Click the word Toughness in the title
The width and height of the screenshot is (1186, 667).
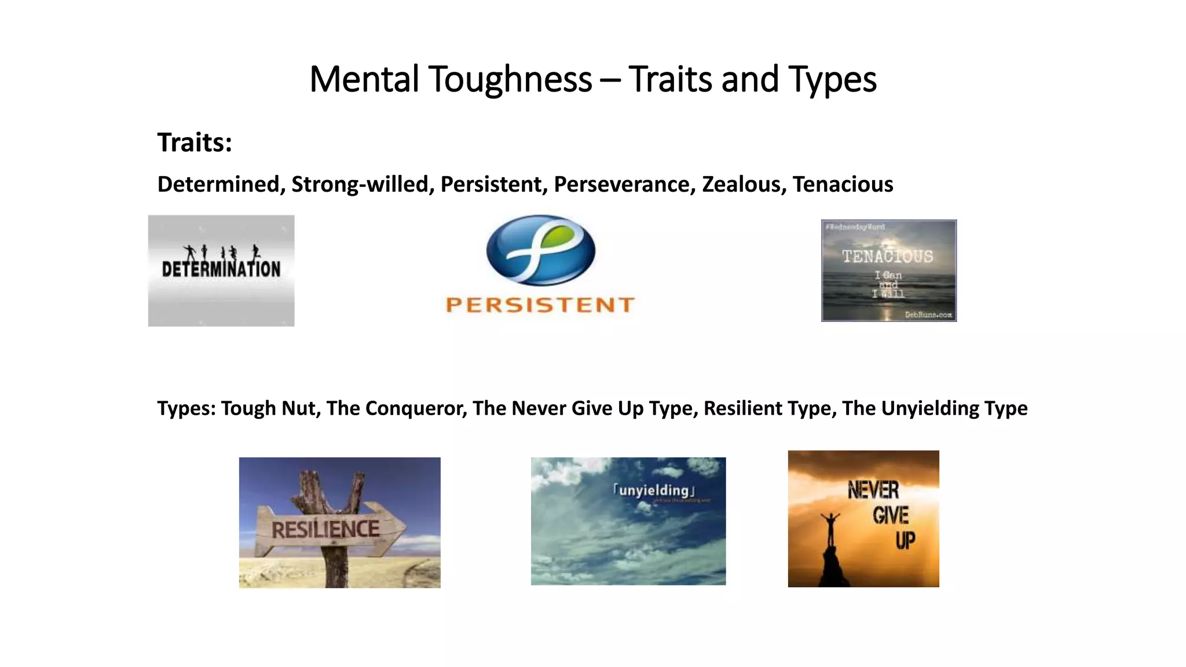(510, 79)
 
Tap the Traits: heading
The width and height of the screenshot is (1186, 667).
(195, 142)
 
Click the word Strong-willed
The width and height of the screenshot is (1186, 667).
(362, 184)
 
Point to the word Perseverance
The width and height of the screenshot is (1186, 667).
(624, 184)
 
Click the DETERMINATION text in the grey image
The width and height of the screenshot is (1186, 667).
(221, 269)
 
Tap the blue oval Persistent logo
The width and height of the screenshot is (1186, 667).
(540, 250)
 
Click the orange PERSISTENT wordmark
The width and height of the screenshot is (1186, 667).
(540, 305)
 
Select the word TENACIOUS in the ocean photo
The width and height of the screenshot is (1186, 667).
(887, 256)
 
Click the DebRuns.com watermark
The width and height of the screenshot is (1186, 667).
(928, 314)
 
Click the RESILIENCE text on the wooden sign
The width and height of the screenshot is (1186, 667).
(325, 529)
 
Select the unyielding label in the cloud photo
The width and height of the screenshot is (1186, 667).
(654, 490)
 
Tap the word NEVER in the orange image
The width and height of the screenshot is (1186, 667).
(873, 490)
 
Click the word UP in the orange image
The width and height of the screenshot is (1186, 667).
(905, 541)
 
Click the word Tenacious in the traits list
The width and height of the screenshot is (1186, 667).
(843, 184)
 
